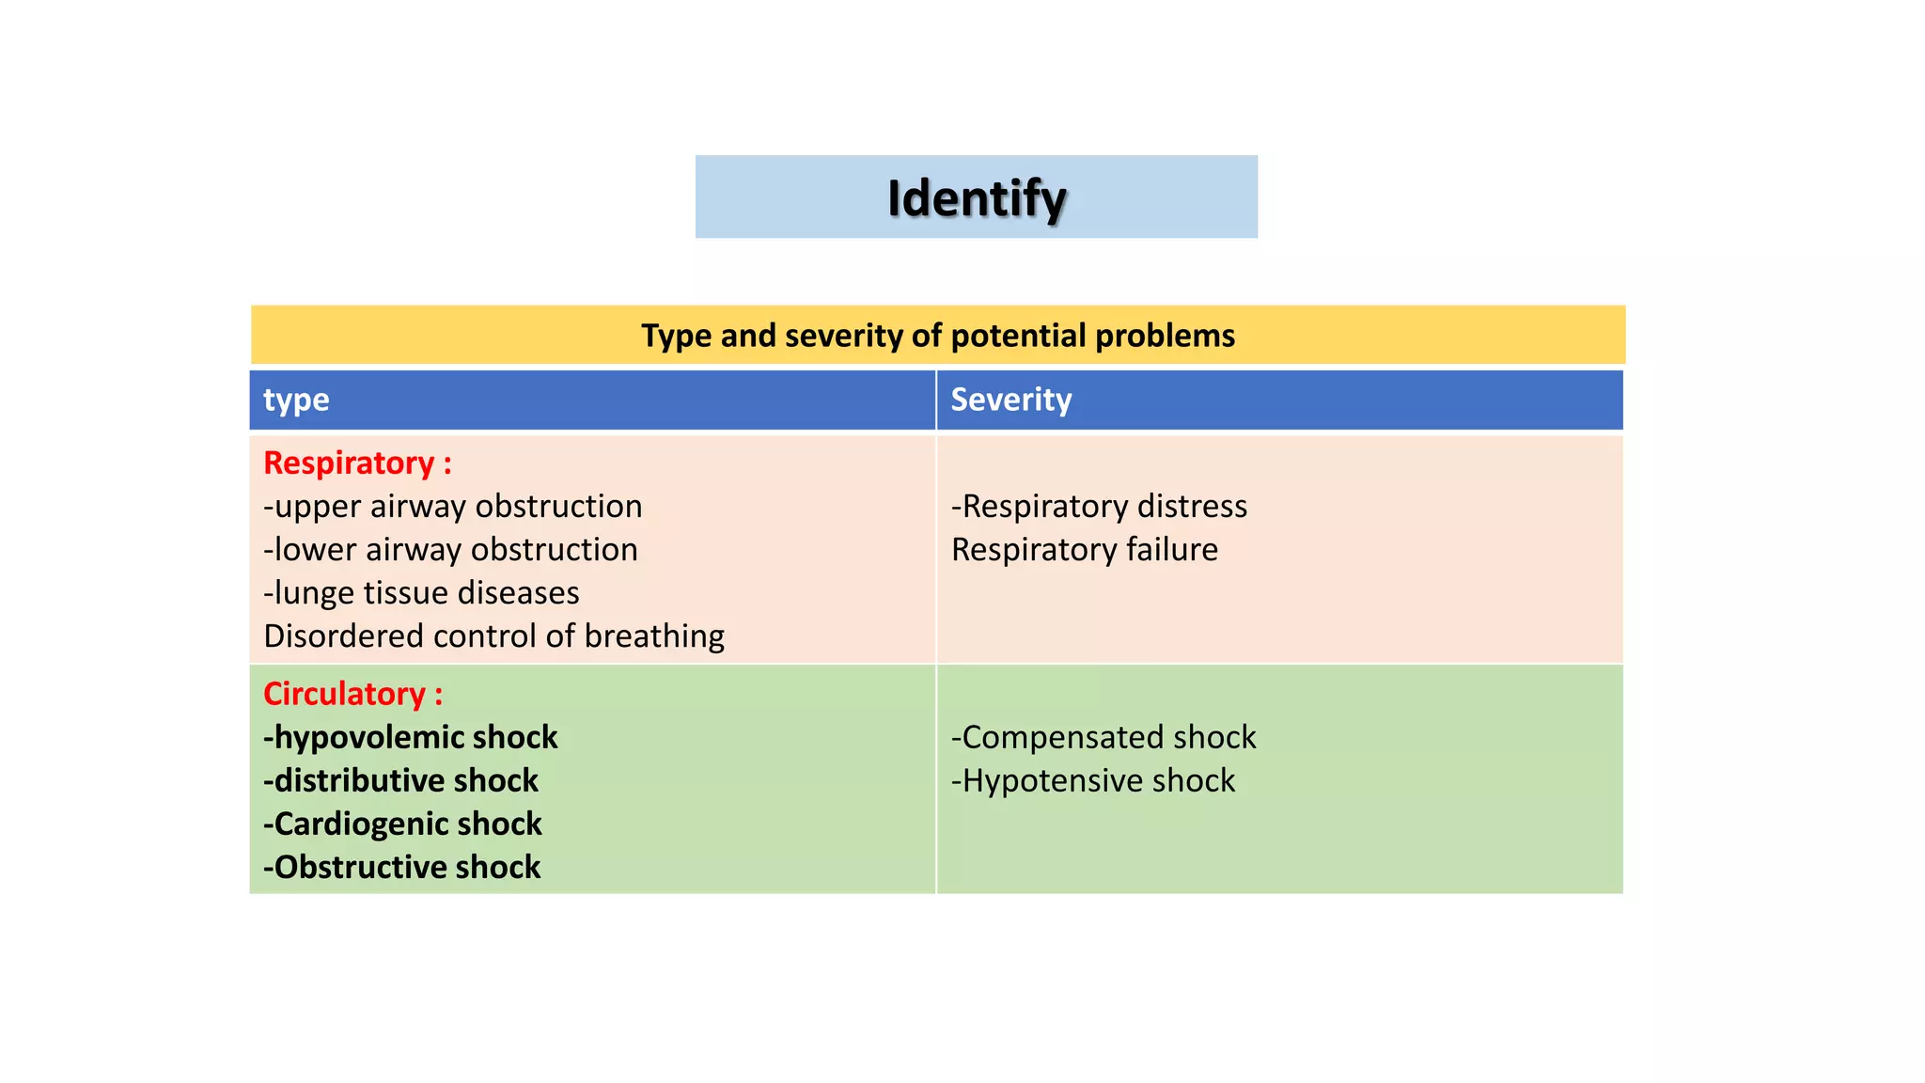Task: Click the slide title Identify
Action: point(977,198)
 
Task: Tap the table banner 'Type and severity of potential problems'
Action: point(938,336)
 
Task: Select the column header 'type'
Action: point(296,400)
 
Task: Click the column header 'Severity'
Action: point(1011,400)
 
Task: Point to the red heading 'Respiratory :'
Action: point(358,463)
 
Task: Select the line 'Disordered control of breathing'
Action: point(494,636)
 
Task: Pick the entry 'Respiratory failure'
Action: point(1085,549)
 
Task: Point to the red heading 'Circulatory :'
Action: point(353,694)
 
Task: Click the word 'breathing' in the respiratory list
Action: point(655,636)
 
